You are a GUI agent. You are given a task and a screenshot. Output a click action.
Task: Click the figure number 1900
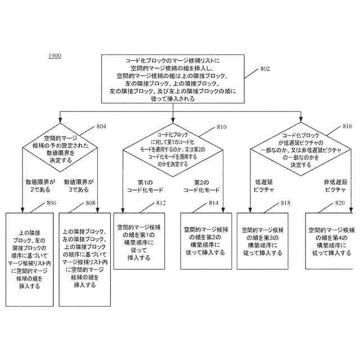coord(55,56)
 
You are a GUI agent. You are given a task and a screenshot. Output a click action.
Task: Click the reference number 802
coord(264,69)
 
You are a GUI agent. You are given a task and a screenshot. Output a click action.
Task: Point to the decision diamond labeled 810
coord(173,149)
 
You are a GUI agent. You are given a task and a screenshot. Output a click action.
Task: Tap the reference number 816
coord(347,127)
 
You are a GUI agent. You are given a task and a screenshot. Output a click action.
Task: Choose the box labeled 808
coord(84,259)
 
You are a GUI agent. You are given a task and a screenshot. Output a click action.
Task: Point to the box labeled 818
coord(263,241)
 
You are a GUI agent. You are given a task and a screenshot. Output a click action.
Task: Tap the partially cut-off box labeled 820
coord(332,241)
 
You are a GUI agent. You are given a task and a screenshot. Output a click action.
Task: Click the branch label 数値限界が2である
coord(40,186)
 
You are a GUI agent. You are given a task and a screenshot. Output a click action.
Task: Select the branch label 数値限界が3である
coord(79,186)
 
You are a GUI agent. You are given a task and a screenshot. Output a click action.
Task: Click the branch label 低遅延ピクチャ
coord(265,186)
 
